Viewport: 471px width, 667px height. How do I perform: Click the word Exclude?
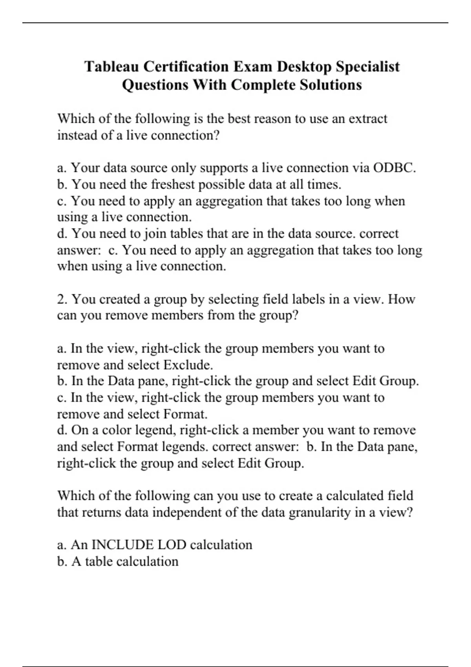point(188,365)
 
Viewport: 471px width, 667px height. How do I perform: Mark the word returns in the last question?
point(99,512)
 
